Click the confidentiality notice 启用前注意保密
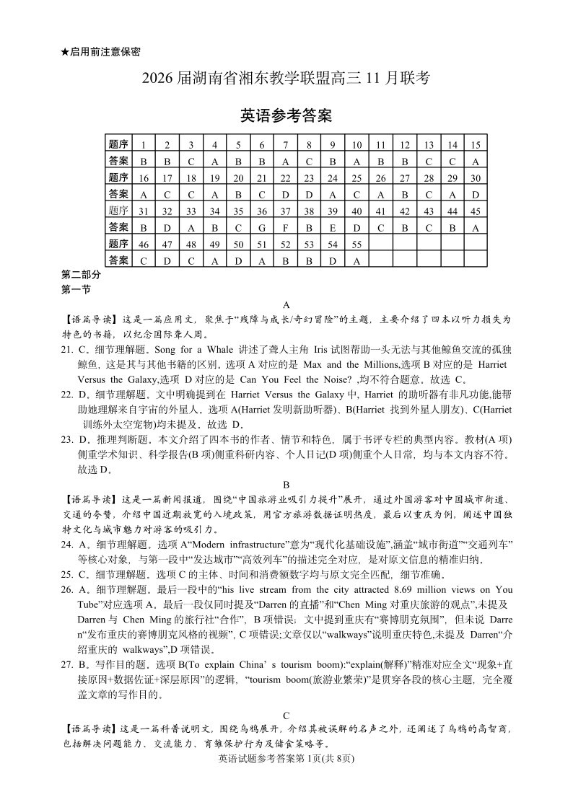click(100, 52)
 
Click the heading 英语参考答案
click(286, 115)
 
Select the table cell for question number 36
click(262, 211)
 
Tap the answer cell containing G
click(262, 228)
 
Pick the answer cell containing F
click(286, 228)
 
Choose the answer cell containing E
click(333, 228)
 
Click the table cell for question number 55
click(357, 245)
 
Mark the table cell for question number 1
click(144, 145)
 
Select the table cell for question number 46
click(144, 245)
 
